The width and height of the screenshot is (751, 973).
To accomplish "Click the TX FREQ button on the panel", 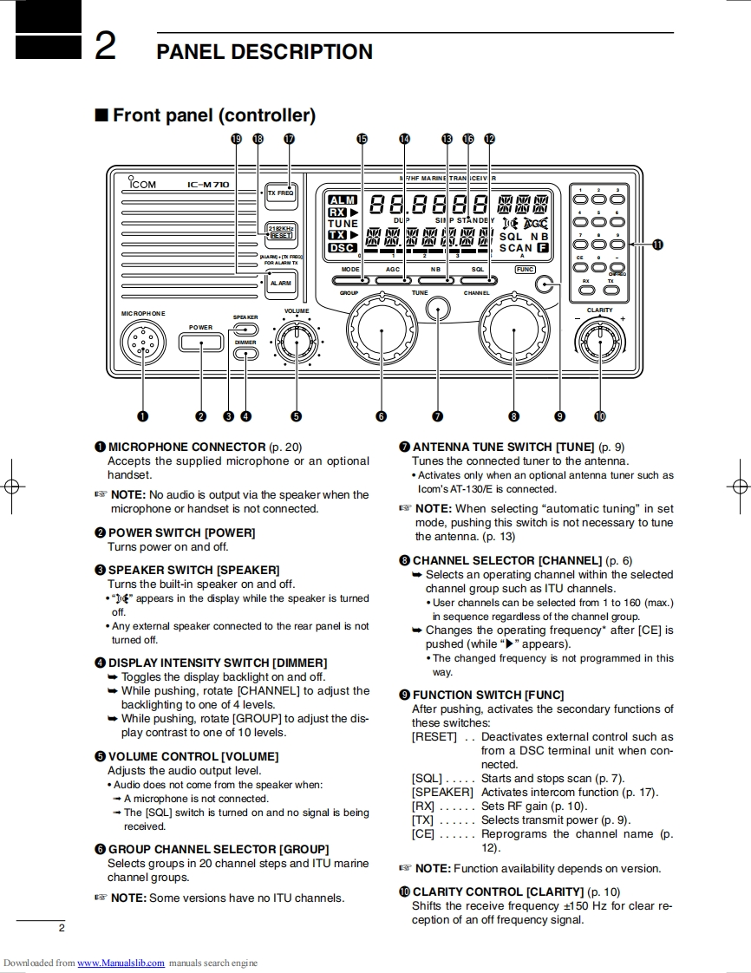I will pos(280,194).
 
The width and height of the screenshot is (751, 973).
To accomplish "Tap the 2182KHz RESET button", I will pos(281,232).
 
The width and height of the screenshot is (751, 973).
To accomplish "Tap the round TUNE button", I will pos(439,309).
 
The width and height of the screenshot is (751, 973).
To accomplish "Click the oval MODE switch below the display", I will pos(350,280).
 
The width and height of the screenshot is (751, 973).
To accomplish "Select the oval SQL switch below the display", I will pos(478,280).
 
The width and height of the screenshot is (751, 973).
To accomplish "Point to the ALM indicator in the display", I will pos(343,200).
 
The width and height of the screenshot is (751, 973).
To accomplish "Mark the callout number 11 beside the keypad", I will pos(656,245).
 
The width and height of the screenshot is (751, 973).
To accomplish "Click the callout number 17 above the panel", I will pos(289,139).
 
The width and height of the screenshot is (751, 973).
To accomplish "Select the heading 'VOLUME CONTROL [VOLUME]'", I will pos(193,756).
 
